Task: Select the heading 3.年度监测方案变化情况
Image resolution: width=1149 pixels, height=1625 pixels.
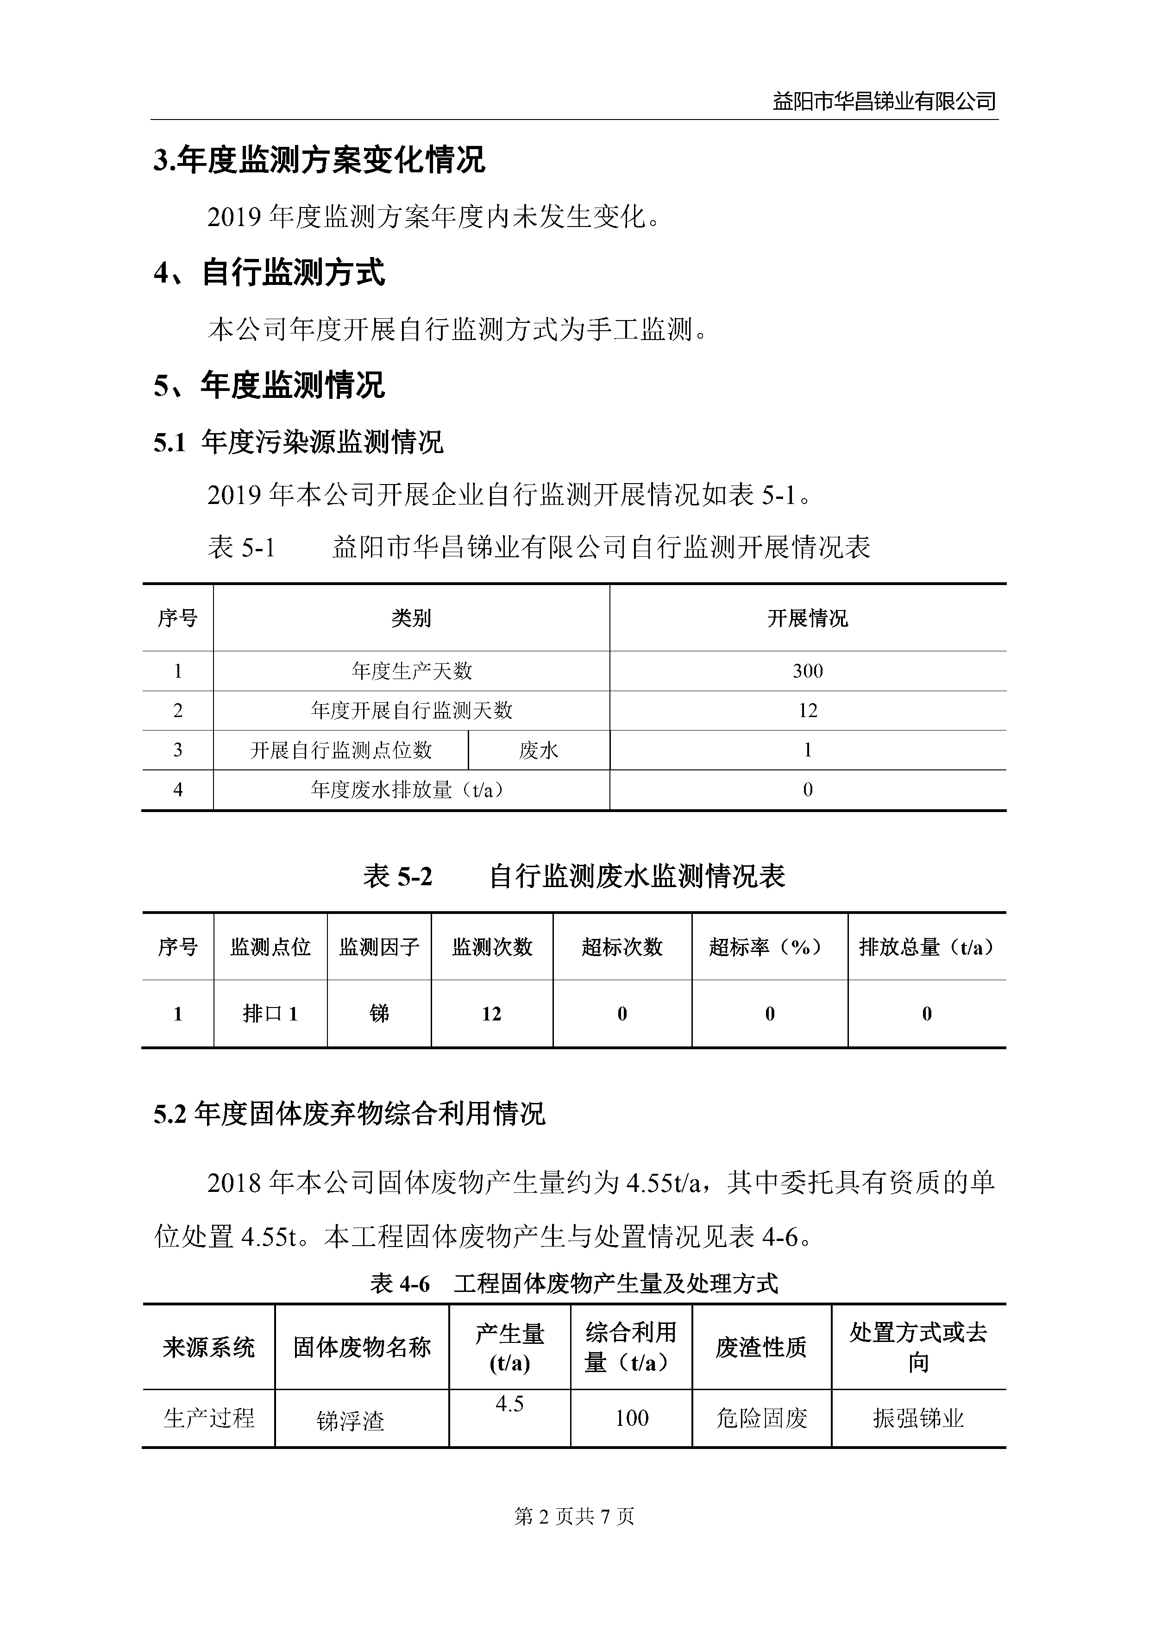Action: tap(319, 160)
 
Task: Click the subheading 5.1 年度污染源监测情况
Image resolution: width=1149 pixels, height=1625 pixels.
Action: tap(298, 442)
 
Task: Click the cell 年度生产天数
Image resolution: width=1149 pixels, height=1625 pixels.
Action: tap(411, 671)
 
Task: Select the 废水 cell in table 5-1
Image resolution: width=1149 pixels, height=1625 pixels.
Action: tap(539, 750)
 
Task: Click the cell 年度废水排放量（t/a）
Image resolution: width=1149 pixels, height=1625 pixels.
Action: tap(411, 790)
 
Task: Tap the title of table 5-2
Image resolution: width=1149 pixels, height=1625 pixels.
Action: tap(574, 876)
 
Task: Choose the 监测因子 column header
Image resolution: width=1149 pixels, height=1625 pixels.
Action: tap(379, 947)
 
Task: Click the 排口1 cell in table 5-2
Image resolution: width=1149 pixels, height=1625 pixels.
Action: tap(270, 1014)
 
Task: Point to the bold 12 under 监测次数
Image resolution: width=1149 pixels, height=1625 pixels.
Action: tap(492, 1014)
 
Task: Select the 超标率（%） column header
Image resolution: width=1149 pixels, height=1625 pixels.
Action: tap(769, 947)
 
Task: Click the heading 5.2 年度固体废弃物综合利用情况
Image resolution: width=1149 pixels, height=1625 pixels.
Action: tap(350, 1114)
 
